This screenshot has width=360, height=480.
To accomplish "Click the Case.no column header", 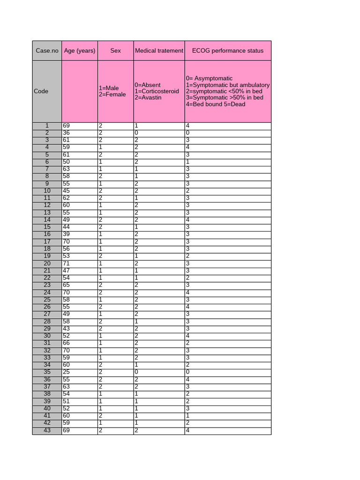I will pos(47,51).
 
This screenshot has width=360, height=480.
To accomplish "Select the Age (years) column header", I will pos(80,51).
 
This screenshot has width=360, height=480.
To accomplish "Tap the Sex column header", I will pos(115,51).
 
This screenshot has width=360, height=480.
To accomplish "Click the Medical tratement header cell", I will pos(159,51).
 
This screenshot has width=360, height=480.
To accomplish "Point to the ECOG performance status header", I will pos(228,51).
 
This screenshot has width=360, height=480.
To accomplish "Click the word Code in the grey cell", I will pos(41,91).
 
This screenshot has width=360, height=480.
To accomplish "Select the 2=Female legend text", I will pos(112,95).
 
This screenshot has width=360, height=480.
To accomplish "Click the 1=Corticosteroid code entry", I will pos(157,91).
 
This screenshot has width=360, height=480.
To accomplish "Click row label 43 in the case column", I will pos(47,430).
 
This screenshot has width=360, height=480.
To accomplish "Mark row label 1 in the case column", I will pos(47,126).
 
